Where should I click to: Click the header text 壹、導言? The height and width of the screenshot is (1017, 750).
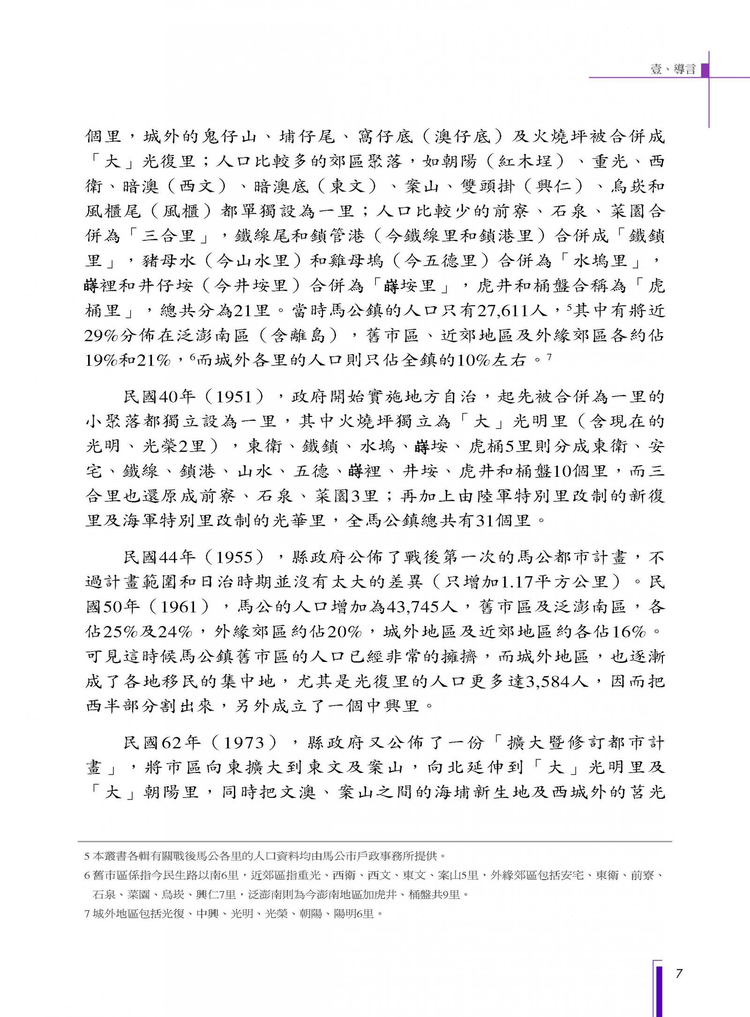[x=673, y=69]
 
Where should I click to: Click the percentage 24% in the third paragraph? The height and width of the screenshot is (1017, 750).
[x=175, y=632]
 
